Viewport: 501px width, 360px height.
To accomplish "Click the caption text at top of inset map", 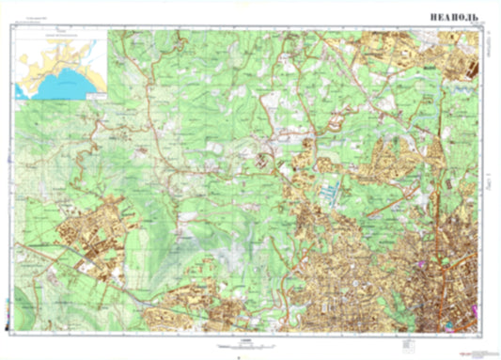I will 62,35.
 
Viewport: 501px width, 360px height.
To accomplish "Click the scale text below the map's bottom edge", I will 246,342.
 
